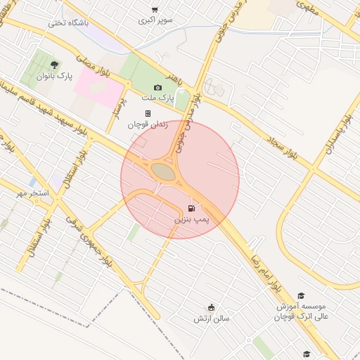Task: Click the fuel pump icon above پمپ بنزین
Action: [192, 208]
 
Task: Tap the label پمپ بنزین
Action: [192, 220]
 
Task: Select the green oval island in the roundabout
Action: [163, 172]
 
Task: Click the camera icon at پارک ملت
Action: [157, 87]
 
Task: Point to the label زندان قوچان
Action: [147, 124]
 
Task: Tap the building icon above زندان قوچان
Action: [148, 112]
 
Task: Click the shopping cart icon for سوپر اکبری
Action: [155, 10]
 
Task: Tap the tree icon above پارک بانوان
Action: [54, 64]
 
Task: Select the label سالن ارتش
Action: [212, 319]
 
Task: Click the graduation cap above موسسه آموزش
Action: [301, 296]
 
